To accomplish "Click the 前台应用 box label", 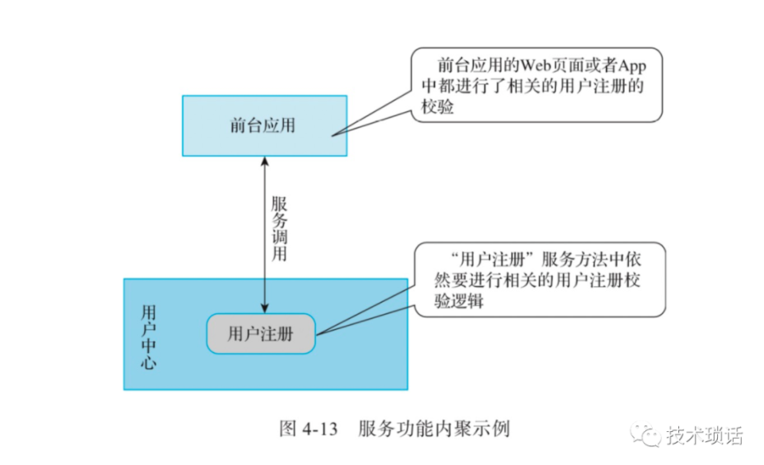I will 263,126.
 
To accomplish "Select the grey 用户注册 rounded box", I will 260,334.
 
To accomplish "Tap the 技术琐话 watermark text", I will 705,435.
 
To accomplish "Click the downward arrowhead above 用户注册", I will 264,308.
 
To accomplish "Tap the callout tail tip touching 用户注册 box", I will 316,333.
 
